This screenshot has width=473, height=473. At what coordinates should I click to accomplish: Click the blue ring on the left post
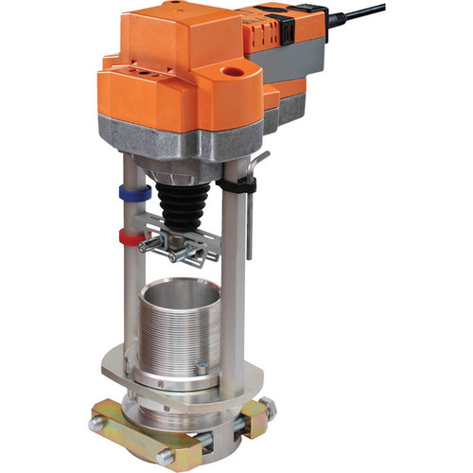click(135, 193)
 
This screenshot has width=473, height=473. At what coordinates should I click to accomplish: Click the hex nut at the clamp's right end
click(270, 408)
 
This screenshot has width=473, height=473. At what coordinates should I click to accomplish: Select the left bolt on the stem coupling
click(151, 247)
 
